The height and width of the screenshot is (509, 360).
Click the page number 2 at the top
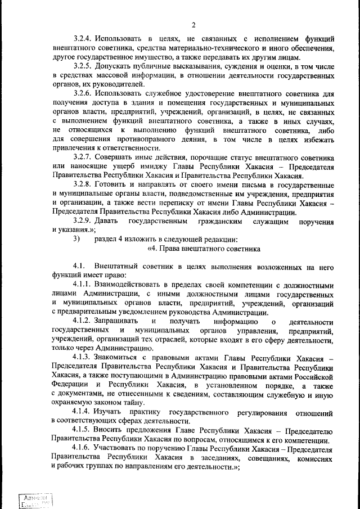(193, 24)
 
